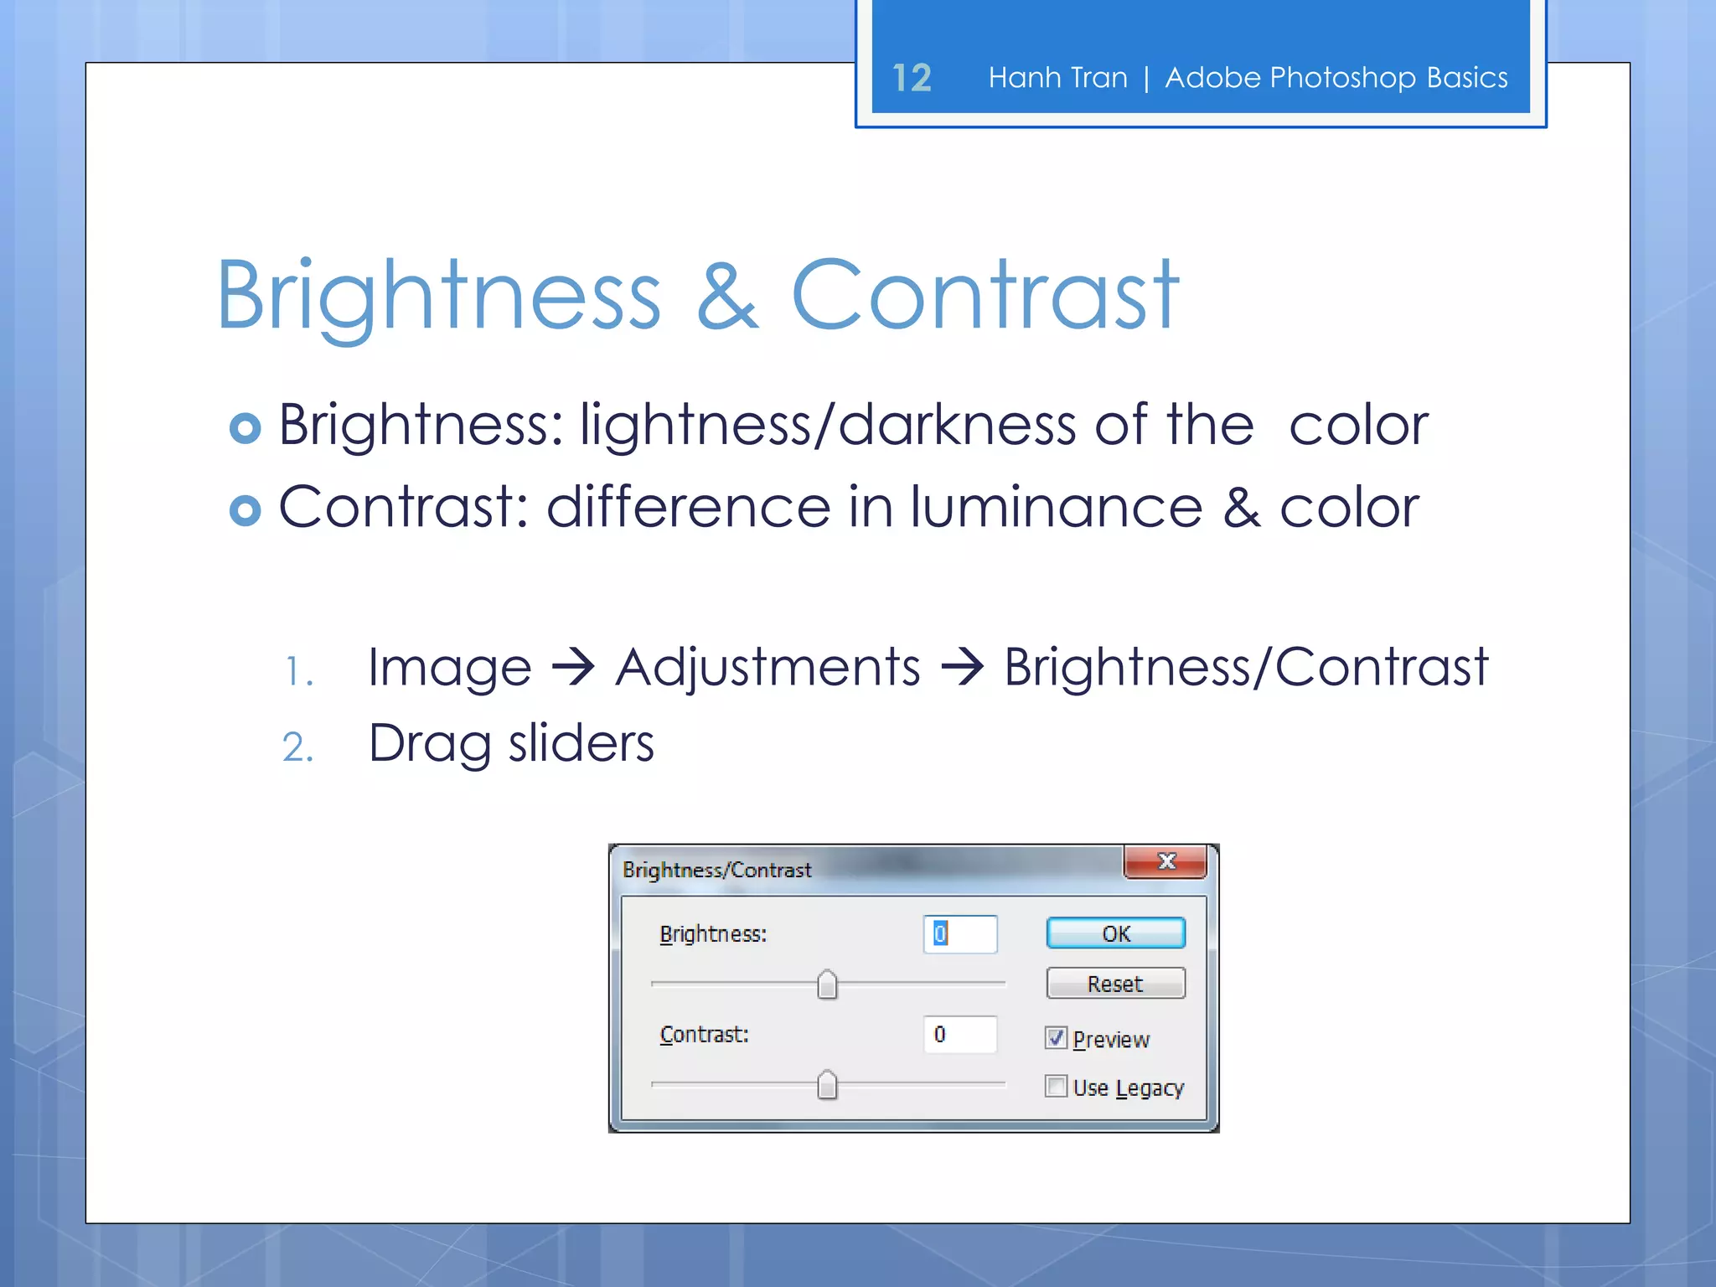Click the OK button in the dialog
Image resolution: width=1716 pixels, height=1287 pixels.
click(x=1115, y=933)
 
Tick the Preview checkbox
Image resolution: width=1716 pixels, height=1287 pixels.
click(x=1056, y=1038)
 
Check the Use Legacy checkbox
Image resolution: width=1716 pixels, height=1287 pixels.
click(x=1056, y=1087)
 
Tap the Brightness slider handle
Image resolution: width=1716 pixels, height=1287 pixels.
click(x=827, y=985)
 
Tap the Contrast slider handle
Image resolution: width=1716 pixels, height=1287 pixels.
click(x=827, y=1085)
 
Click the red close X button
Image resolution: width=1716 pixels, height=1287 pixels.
click(x=1166, y=861)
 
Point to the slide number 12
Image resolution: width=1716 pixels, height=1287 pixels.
click(x=911, y=78)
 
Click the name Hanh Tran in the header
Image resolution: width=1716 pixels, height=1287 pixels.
click(x=1057, y=78)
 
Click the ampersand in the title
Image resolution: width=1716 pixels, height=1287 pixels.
click(x=726, y=295)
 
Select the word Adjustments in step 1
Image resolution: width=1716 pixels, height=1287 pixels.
click(x=768, y=668)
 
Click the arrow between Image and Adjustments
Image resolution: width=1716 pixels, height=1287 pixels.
click(x=573, y=668)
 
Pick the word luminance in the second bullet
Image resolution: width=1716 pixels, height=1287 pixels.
click(x=1057, y=508)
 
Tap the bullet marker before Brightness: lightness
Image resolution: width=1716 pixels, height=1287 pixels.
click(x=245, y=427)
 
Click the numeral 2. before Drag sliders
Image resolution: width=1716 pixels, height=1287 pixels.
click(x=297, y=747)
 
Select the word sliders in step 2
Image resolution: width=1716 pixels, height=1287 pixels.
click(x=581, y=743)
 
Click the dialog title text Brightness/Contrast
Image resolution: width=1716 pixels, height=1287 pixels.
click(x=716, y=870)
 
